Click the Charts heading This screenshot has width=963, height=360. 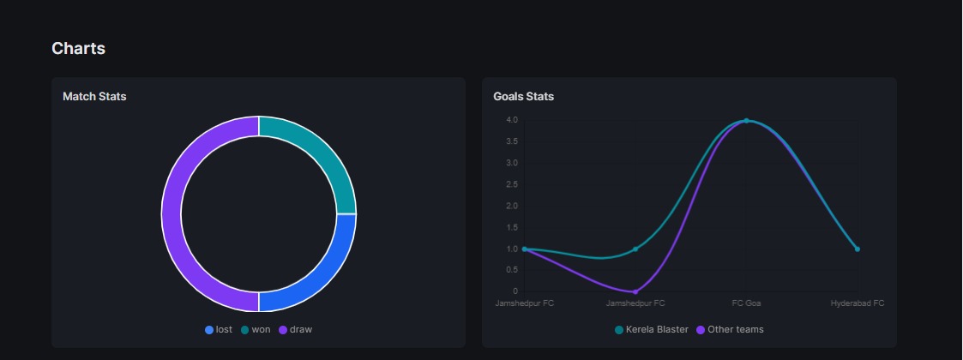click(x=78, y=49)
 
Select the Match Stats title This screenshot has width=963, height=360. click(x=94, y=97)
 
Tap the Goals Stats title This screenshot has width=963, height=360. click(x=523, y=97)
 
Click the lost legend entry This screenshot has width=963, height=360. click(x=219, y=330)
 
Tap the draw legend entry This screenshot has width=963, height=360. click(x=295, y=330)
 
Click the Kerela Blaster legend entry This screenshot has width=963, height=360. click(x=651, y=330)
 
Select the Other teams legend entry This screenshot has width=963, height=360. click(x=730, y=330)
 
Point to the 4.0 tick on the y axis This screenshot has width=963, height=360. click(x=512, y=120)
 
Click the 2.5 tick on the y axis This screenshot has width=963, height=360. click(x=512, y=184)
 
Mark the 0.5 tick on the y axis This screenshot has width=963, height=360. click(x=512, y=270)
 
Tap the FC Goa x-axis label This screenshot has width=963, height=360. click(x=746, y=303)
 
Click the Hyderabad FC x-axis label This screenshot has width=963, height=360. click(x=857, y=303)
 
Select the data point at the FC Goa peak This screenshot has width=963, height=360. click(x=746, y=120)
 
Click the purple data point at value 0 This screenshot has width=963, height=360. click(x=635, y=291)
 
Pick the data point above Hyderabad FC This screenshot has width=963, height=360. click(x=857, y=249)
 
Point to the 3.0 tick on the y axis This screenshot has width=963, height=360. click(x=512, y=163)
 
